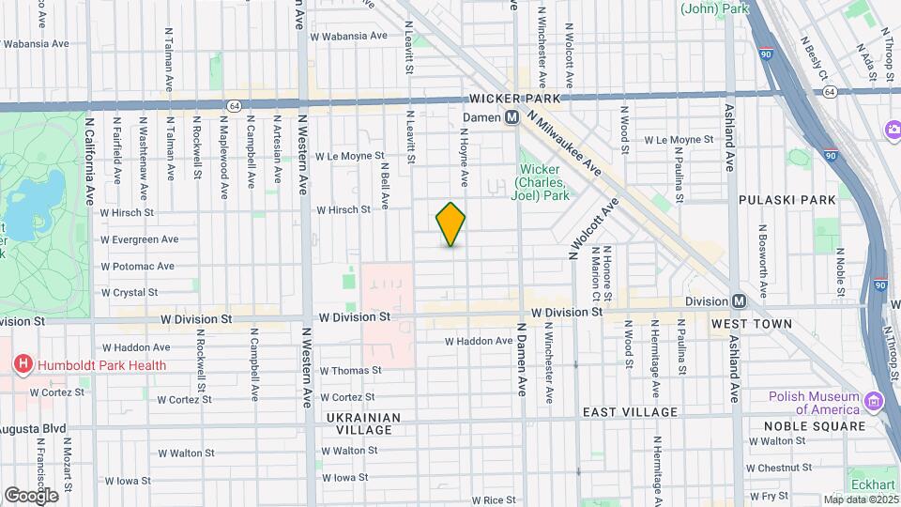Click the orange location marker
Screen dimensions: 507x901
coord(450,224)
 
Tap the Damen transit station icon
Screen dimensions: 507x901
coord(512,117)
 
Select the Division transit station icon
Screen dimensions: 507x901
coord(739,301)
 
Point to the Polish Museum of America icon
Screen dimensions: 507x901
coord(875,402)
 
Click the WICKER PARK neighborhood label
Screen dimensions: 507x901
coord(514,99)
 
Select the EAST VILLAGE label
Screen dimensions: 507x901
coord(630,412)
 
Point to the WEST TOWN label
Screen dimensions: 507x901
coord(751,324)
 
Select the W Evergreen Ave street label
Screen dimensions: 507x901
coord(139,239)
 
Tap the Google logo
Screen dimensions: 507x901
coord(31,495)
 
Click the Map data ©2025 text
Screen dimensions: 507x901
coord(860,499)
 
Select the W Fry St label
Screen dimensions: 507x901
coord(768,495)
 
